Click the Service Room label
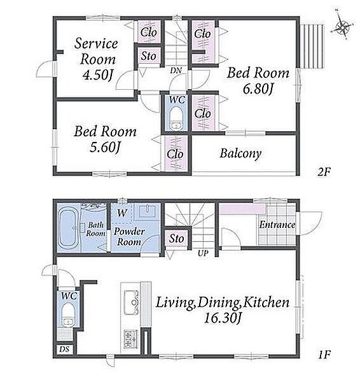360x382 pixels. click(96, 51)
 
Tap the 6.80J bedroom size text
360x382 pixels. click(258, 88)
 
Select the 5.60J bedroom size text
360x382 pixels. click(105, 147)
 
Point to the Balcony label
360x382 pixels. click(240, 153)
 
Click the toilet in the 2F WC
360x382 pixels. click(176, 118)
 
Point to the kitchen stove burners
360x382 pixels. click(131, 339)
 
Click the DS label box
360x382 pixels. click(65, 350)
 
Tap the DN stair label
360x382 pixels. click(176, 71)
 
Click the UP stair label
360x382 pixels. click(203, 253)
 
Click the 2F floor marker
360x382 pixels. click(324, 173)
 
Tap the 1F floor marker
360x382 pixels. click(324, 355)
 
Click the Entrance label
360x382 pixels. click(277, 225)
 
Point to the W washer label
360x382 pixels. click(122, 213)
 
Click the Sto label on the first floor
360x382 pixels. click(176, 238)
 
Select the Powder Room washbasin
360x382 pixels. click(147, 211)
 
